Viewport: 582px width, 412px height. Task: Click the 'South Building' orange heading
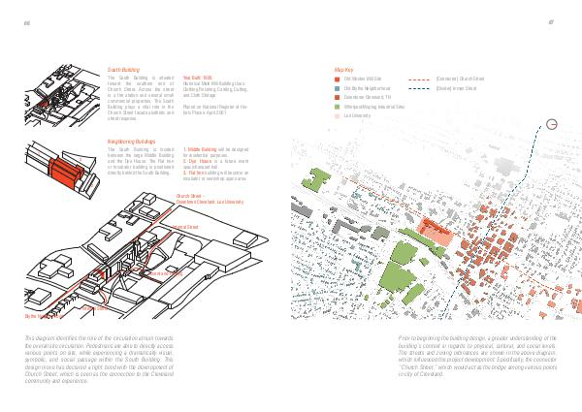pos(123,70)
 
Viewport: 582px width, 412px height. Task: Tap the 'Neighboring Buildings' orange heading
pos(131,142)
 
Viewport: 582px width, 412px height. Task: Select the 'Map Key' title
pos(341,70)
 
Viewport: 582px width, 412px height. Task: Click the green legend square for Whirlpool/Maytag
pos(336,106)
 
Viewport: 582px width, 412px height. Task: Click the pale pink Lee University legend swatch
pos(336,114)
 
